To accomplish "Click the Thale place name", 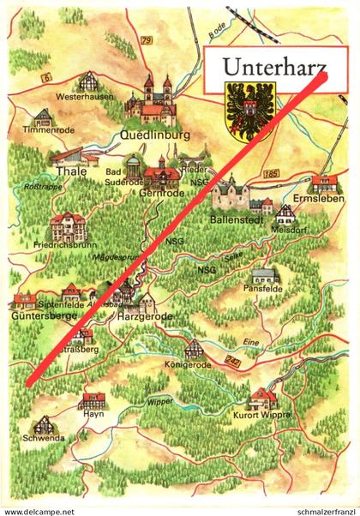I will (65, 171).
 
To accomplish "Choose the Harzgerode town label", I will (142, 316).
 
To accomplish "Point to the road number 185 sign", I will (273, 174).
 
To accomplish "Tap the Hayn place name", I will (93, 414).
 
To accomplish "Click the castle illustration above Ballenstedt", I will (231, 194).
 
